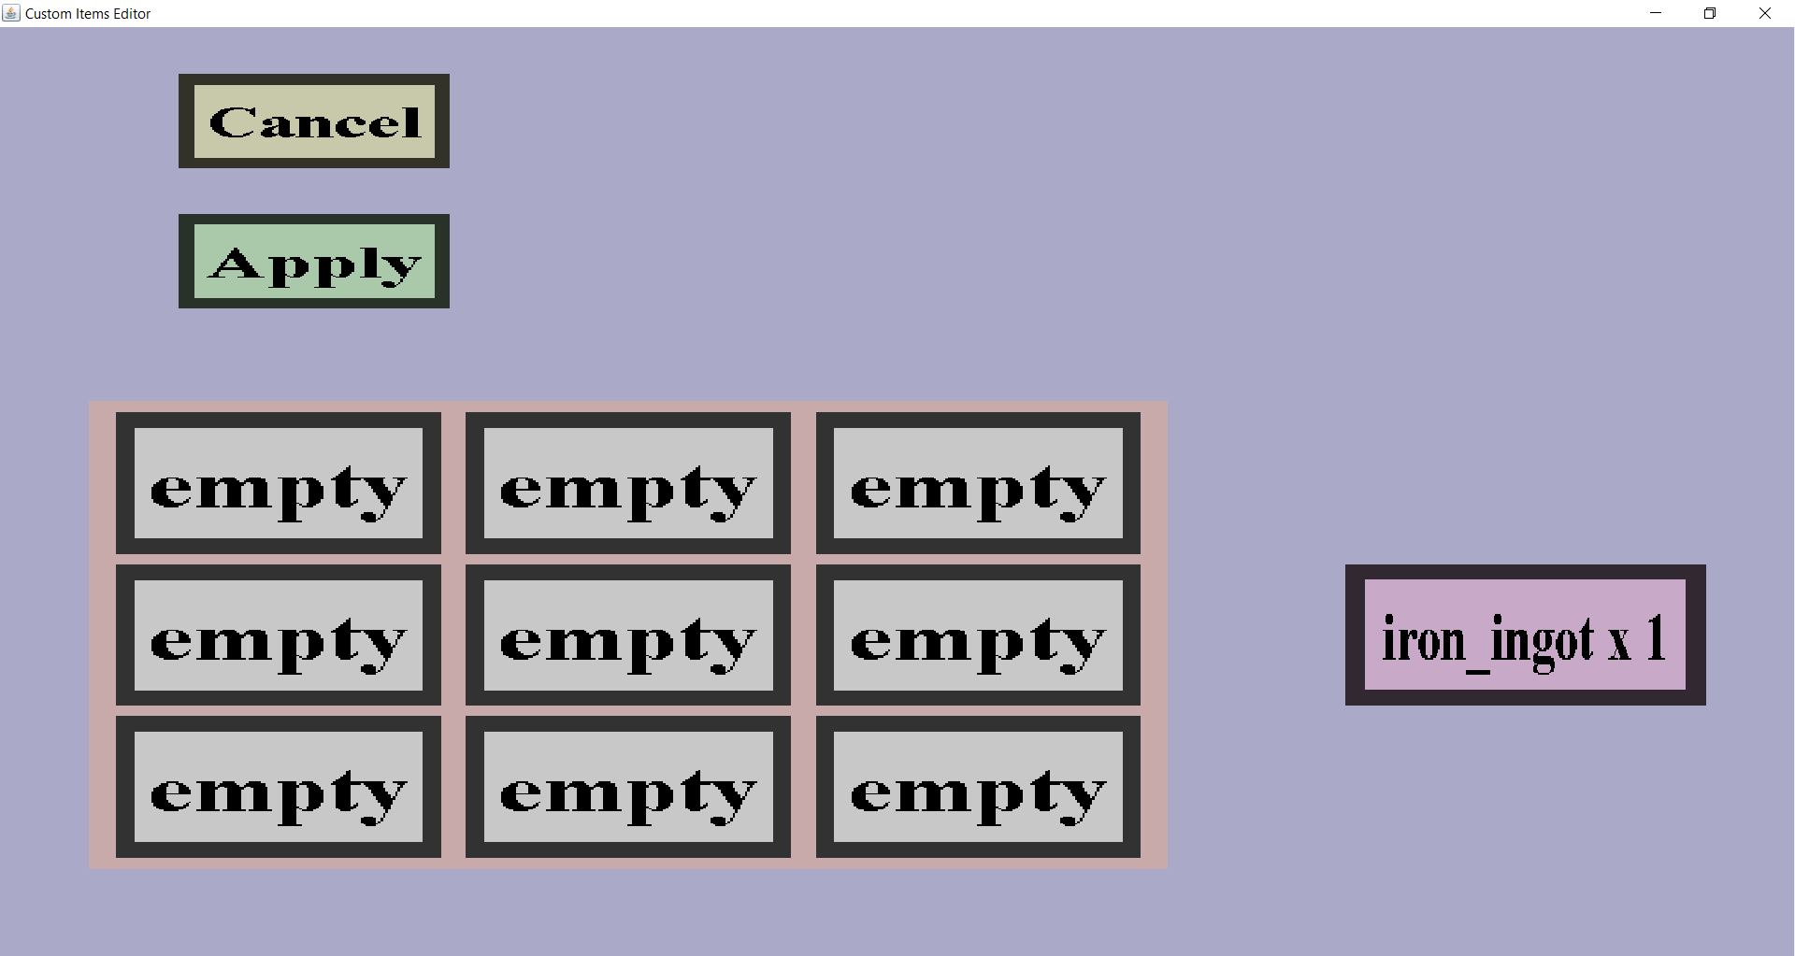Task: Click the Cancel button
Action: point(314,121)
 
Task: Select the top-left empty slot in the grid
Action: point(279,483)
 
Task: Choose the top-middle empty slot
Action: point(628,483)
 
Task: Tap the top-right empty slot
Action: point(978,483)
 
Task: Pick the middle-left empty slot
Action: point(279,635)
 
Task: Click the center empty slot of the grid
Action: point(628,635)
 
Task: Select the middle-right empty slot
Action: point(978,635)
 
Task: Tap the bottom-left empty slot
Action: point(279,787)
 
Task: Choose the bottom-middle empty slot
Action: point(628,787)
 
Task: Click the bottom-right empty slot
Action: point(978,787)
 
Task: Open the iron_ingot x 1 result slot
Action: point(1525,635)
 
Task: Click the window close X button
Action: point(1765,13)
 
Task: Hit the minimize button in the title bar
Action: point(1656,13)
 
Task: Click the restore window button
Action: point(1710,13)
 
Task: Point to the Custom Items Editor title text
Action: point(88,14)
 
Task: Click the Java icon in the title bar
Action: point(11,13)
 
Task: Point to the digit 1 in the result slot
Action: point(1657,639)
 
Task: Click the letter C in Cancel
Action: point(234,122)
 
